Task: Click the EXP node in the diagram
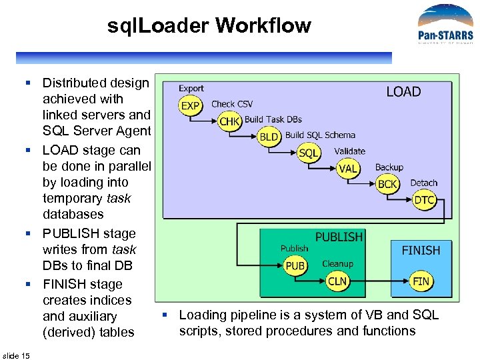tap(191, 105)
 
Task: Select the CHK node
tap(229, 121)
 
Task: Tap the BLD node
tap(269, 137)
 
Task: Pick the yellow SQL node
tap(309, 153)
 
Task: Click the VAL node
tap(348, 169)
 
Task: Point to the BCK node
tap(387, 184)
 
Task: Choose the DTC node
tap(425, 199)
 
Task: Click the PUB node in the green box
tap(295, 265)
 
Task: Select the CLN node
tap(338, 281)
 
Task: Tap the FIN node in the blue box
tap(421, 281)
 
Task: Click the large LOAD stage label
tap(403, 92)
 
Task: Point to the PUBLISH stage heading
tap(339, 237)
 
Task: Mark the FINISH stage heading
tap(421, 250)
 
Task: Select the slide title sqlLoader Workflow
tap(209, 26)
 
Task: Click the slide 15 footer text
tap(16, 355)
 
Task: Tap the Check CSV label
tap(232, 104)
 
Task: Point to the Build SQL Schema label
tap(320, 135)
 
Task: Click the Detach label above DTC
tap(424, 183)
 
